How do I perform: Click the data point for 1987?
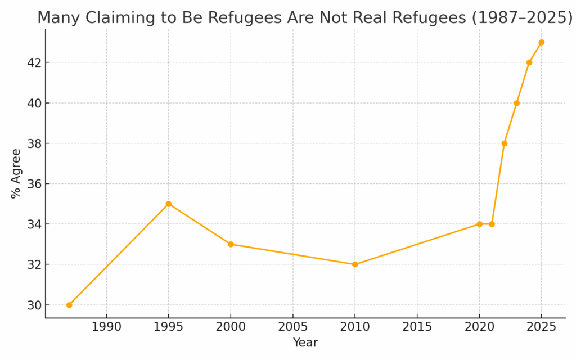pyautogui.click(x=69, y=305)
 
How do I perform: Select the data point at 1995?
pyautogui.click(x=169, y=204)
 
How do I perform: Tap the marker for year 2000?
pyautogui.click(x=231, y=244)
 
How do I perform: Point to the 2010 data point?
pyautogui.click(x=355, y=264)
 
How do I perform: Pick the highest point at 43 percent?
pyautogui.click(x=541, y=42)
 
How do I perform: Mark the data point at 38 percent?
pyautogui.click(x=504, y=143)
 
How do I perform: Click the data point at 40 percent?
pyautogui.click(x=516, y=103)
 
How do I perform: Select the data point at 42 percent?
pyautogui.click(x=529, y=62)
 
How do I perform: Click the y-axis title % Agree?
pyautogui.click(x=16, y=173)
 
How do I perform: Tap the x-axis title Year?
pyautogui.click(x=305, y=343)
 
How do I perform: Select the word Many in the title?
pyautogui.click(x=56, y=18)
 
